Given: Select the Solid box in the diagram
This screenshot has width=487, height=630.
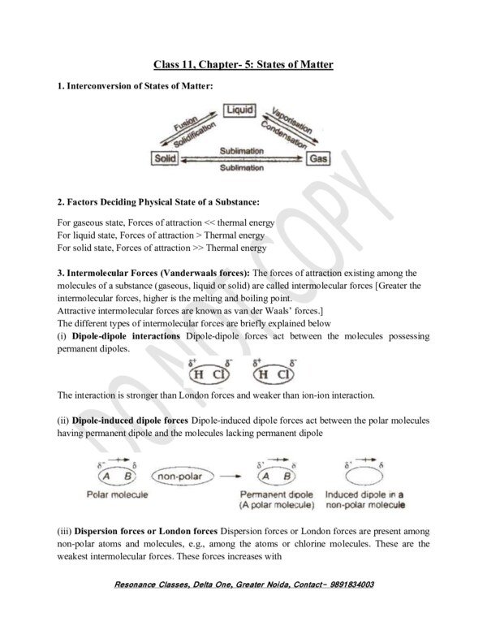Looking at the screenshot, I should click(x=165, y=159).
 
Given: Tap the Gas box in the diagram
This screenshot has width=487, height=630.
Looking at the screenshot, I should click(x=318, y=160).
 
